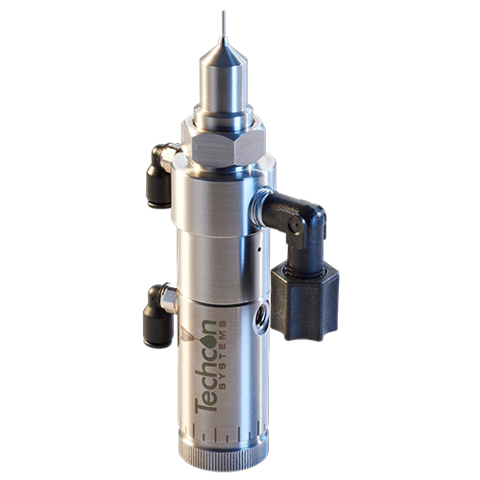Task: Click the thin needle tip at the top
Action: point(223,24)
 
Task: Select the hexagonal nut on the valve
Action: point(222,147)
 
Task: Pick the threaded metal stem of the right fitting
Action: point(265,204)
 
